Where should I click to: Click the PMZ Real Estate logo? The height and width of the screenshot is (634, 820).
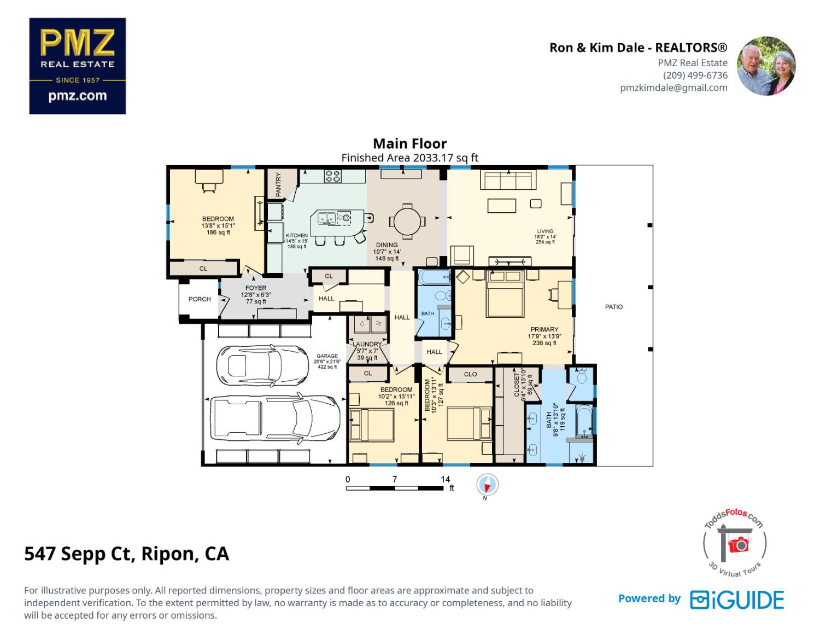(77, 66)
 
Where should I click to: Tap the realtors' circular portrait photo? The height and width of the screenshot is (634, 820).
(766, 66)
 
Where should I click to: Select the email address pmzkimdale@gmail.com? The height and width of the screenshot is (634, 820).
(673, 88)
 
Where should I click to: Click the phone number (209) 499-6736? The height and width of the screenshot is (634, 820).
(695, 75)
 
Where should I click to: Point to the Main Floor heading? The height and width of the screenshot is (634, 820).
(409, 143)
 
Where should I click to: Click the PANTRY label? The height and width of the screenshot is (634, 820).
(278, 184)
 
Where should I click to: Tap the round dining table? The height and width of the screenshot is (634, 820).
(406, 222)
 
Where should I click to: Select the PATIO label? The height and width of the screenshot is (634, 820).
(613, 307)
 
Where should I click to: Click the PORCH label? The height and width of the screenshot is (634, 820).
(200, 299)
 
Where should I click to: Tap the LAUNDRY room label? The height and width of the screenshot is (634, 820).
(367, 345)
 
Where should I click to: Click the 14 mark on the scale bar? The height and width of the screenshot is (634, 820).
(445, 479)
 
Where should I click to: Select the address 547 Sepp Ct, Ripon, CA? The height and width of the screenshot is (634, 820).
(126, 554)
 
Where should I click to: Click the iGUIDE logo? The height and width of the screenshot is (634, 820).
(736, 600)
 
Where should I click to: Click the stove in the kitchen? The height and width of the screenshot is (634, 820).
(333, 176)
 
